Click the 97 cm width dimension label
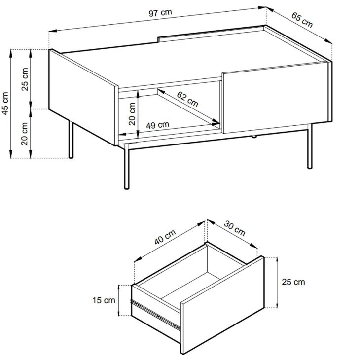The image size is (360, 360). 160,12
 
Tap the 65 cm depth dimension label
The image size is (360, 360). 302,20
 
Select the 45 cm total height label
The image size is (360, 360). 5,103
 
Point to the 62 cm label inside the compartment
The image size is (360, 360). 187,99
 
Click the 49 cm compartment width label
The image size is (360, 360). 158,125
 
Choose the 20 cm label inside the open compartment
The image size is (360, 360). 132,113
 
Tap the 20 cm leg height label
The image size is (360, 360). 24,134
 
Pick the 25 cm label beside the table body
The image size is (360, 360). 25,79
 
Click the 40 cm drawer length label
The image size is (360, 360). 165,237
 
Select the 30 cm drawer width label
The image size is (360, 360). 235,228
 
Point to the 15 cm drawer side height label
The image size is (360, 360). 104,300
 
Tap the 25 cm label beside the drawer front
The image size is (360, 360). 293,282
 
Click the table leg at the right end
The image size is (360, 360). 310,146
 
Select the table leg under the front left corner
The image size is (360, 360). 127,167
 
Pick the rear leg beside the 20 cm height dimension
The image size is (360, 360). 71,140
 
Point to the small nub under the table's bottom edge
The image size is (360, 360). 253,137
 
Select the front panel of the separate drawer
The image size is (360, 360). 222,305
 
